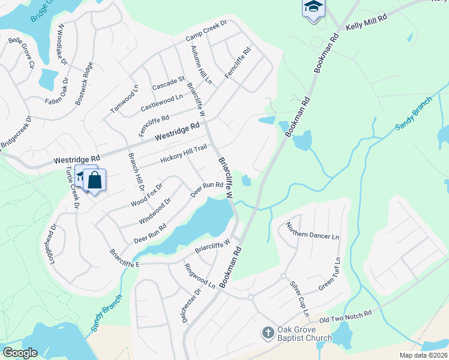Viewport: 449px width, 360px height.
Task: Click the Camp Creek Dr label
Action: pos(206,32)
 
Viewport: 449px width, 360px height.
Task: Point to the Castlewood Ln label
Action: pos(161,102)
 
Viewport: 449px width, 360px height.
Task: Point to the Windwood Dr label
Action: pos(155,209)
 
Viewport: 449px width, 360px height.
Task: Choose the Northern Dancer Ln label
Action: pos(312,231)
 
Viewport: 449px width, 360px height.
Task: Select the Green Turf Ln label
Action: pos(330,275)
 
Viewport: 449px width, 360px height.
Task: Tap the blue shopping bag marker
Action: pos(95,179)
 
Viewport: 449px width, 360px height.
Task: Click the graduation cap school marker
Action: pos(313,7)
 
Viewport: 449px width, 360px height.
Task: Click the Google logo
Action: pos(20,353)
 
